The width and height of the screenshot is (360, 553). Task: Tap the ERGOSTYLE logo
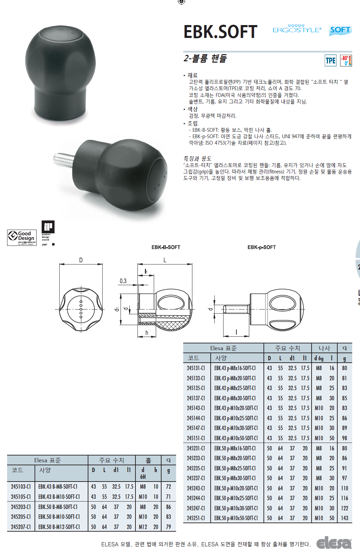click(297, 29)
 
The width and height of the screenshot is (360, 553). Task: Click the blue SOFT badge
click(340, 30)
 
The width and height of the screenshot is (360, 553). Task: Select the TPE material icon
click(331, 61)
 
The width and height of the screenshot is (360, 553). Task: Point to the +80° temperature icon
click(346, 61)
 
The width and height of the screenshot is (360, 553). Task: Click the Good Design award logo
click(22, 237)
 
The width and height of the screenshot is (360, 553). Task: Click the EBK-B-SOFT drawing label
click(166, 247)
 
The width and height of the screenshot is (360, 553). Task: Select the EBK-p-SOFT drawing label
click(261, 247)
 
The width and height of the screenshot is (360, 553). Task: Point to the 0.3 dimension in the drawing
click(123, 281)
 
